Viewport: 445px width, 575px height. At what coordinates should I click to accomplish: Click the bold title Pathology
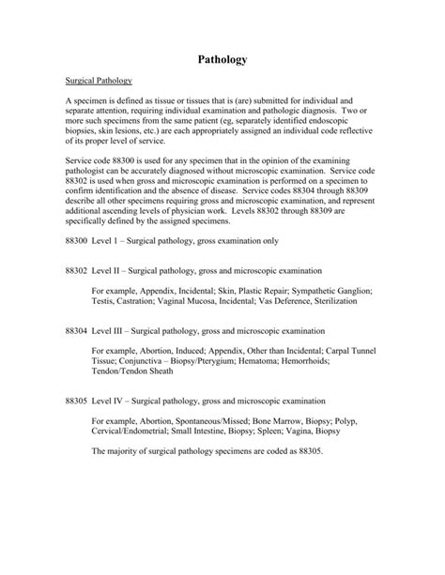tap(222, 58)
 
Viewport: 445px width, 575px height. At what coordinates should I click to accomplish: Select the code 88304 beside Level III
tap(77, 332)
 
